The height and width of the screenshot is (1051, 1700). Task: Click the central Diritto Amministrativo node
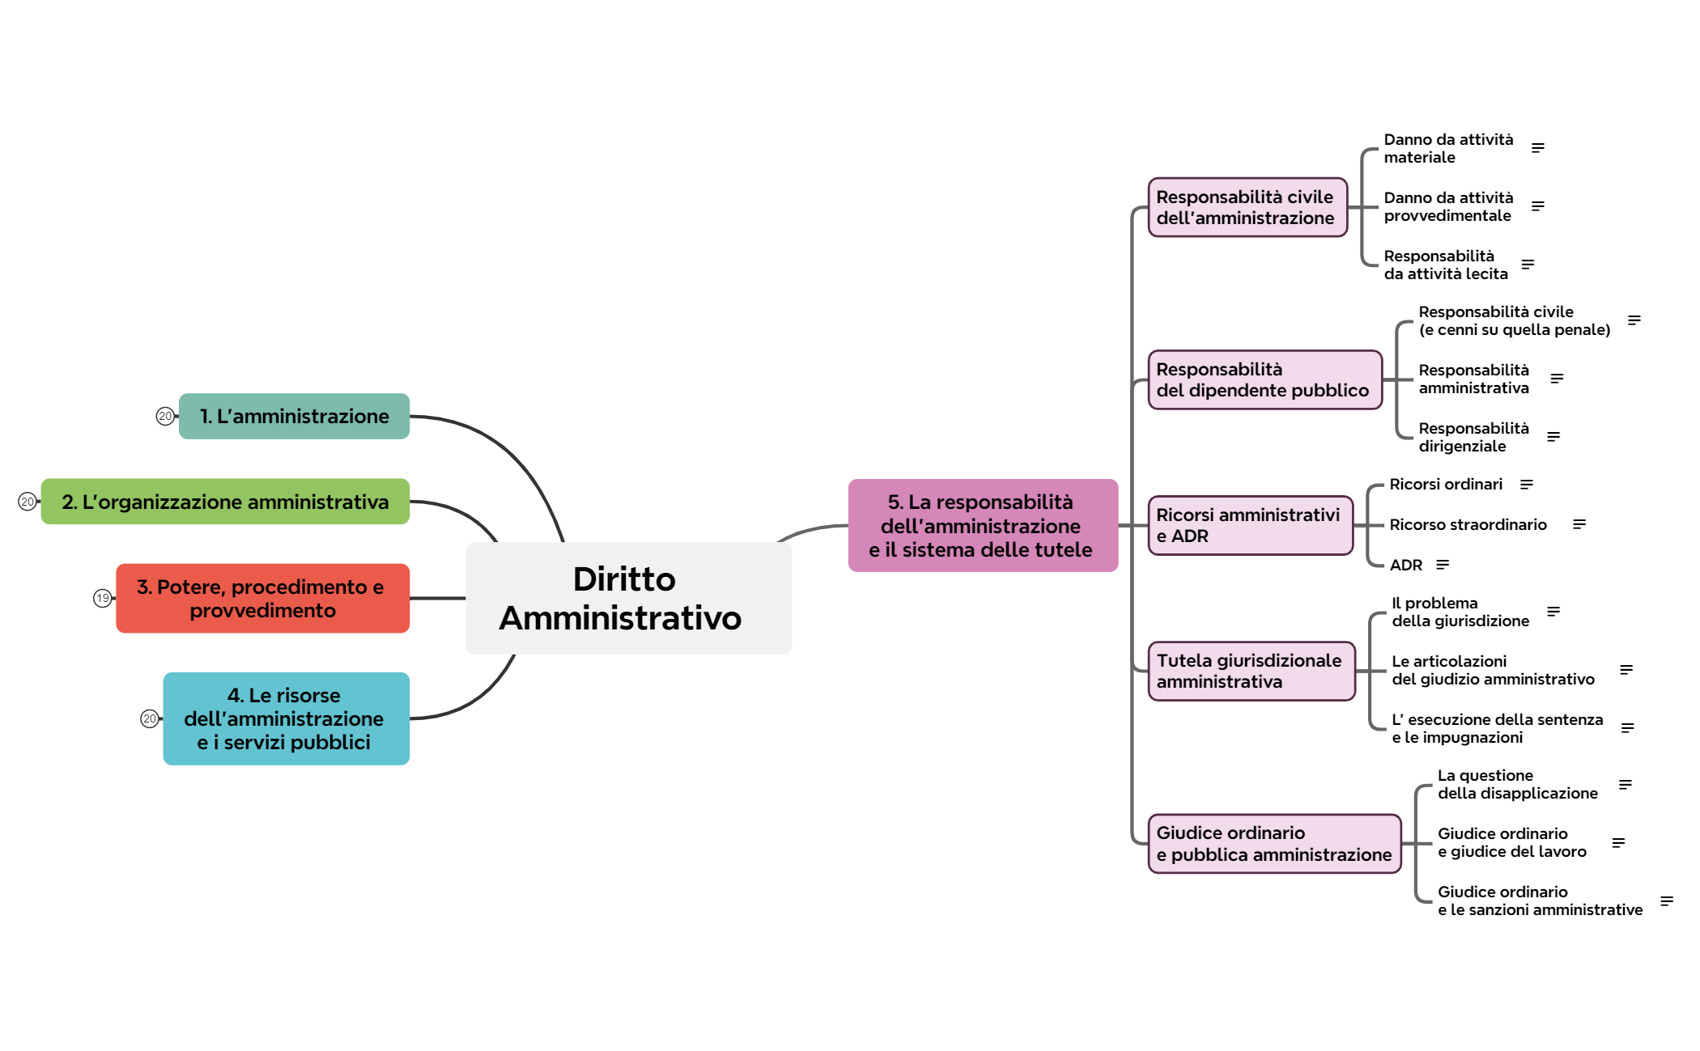628,598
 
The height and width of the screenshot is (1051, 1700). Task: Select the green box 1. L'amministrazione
294,416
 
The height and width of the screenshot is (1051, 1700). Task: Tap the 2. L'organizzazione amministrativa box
225,502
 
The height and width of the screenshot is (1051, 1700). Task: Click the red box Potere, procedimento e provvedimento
262,598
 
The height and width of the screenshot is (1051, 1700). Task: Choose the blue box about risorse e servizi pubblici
286,718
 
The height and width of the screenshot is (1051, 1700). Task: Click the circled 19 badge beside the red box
102,598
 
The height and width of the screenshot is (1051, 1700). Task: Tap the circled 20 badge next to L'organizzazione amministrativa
28,502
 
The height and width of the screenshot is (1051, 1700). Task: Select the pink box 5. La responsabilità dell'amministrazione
982,525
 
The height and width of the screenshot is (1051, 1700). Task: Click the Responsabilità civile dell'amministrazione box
1247,207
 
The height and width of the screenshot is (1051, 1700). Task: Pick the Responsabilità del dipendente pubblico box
1264,379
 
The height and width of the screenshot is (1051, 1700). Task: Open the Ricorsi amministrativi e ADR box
1249,525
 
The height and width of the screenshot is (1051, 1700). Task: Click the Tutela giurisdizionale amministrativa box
1251,671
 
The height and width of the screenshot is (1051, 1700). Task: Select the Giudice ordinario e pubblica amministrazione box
1273,843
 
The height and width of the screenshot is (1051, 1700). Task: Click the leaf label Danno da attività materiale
1447,148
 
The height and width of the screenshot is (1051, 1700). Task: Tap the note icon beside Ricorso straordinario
1579,524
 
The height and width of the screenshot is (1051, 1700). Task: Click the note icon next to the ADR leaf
1442,565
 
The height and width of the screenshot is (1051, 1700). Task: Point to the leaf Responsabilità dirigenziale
1473,437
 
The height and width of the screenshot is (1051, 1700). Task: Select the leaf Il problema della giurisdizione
1460,612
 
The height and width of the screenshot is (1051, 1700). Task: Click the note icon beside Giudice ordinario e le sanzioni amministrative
1666,901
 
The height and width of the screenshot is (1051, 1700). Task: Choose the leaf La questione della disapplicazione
1517,784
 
